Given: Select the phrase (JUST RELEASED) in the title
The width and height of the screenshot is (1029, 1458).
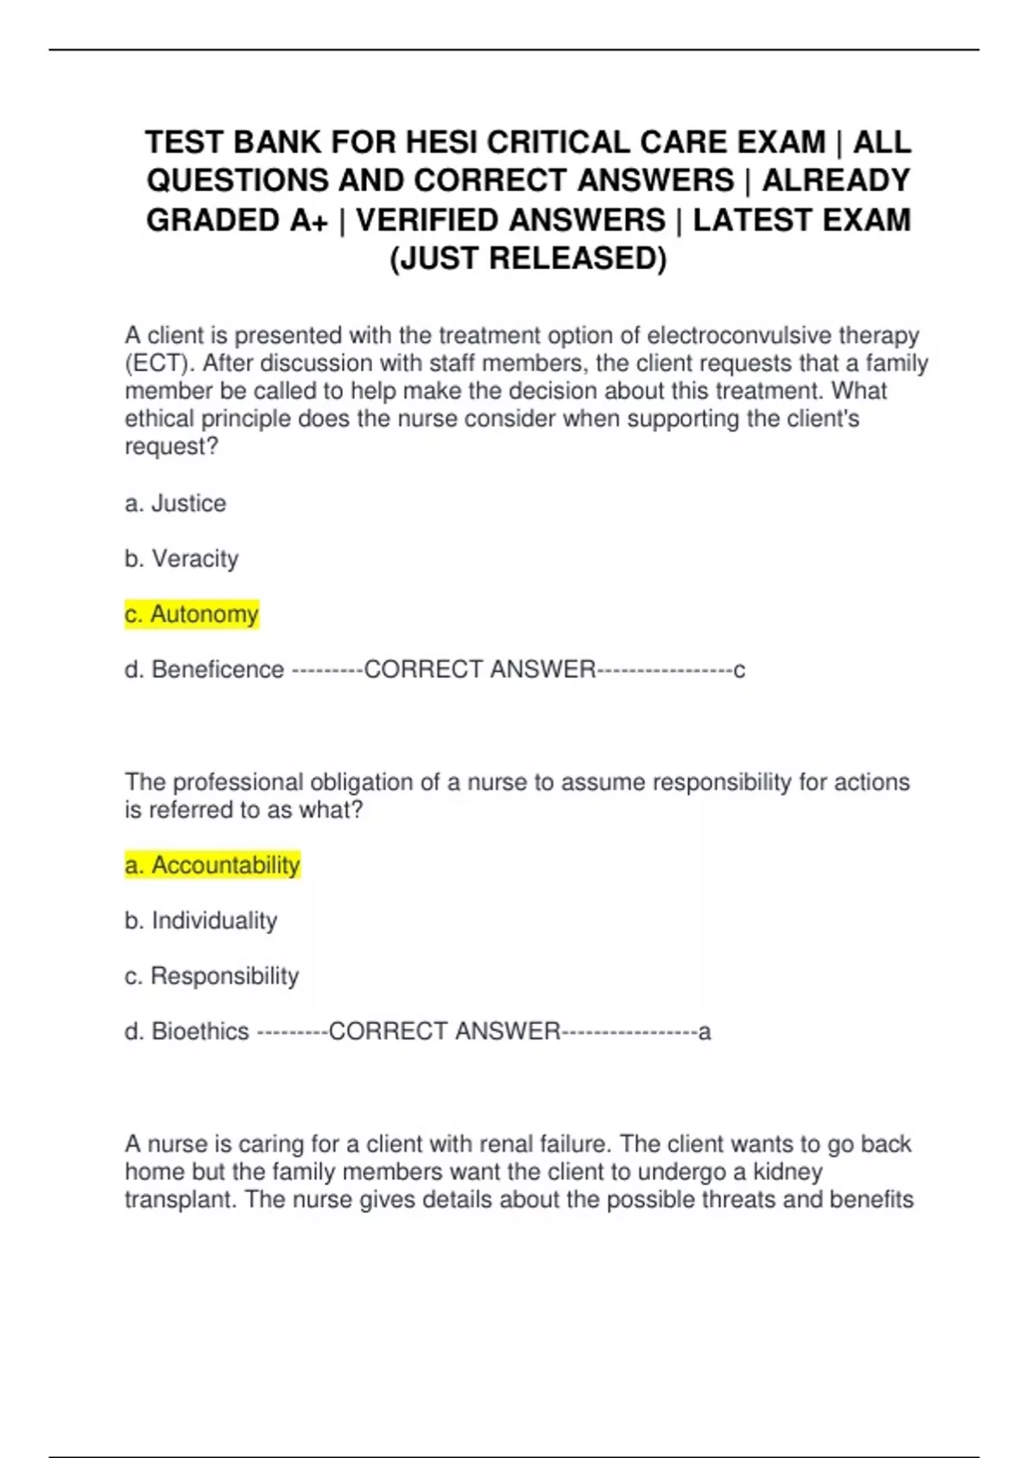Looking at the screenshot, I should (x=528, y=258).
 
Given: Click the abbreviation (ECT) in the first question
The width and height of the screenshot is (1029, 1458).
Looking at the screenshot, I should (x=159, y=364).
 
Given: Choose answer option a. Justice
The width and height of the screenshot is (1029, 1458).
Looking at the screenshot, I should (x=176, y=503).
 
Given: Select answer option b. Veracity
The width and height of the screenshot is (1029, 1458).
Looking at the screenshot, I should (x=182, y=559).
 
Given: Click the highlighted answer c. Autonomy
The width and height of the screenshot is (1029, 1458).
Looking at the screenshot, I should (x=192, y=614).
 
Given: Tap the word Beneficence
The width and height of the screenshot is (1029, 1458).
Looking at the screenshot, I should (x=218, y=670).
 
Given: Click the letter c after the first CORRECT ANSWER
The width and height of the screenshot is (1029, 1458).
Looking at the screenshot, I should (x=739, y=671).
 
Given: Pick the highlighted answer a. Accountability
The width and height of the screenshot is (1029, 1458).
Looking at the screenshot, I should (x=213, y=865).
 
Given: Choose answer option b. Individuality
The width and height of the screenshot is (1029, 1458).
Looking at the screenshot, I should (x=202, y=921).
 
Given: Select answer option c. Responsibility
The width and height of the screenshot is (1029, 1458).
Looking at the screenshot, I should (x=212, y=976).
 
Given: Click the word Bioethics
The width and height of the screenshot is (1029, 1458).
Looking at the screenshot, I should (x=200, y=1032).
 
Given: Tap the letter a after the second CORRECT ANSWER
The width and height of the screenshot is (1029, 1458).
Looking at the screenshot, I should (x=705, y=1032).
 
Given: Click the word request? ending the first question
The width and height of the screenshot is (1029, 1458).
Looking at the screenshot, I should (x=171, y=447).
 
